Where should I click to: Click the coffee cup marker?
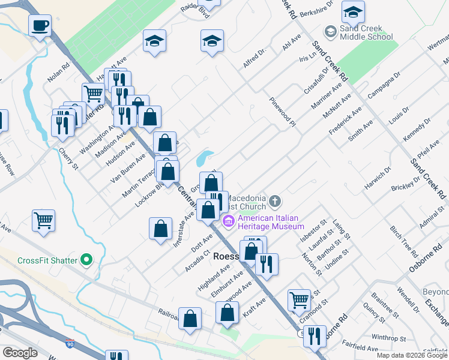pyautogui.click(x=40, y=26)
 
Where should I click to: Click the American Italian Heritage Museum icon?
pyautogui.click(x=228, y=223)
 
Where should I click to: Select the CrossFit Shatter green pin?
pyautogui.click(x=87, y=260)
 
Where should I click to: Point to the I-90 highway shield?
pyautogui.click(x=71, y=343)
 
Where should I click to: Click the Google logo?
pyautogui.click(x=20, y=353)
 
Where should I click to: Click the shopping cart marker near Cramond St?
pyautogui.click(x=299, y=299)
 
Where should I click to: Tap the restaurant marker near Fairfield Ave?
pyautogui.click(x=314, y=336)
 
